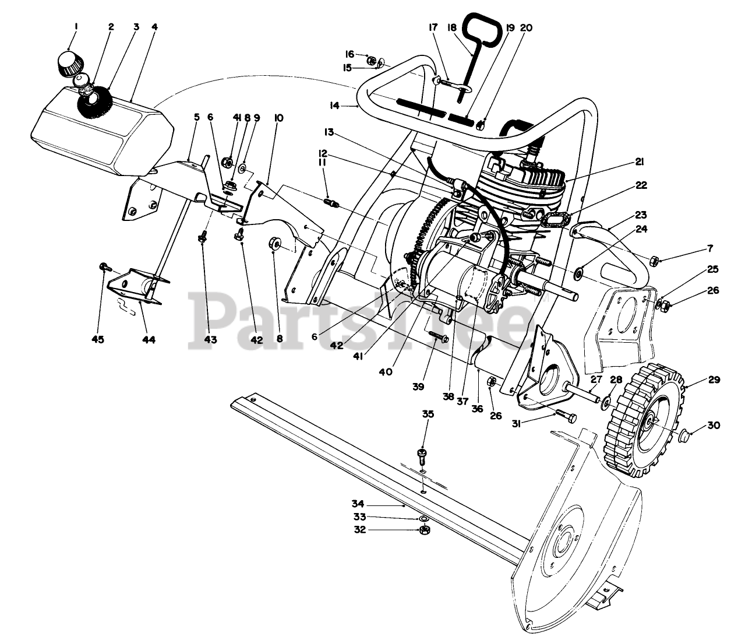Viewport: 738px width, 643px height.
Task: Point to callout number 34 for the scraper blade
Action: [x=358, y=503]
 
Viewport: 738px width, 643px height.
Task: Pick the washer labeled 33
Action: [x=424, y=518]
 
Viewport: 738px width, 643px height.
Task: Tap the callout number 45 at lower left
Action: [x=98, y=339]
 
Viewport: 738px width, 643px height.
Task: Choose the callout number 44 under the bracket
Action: [x=149, y=339]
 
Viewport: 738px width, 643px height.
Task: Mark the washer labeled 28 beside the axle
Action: [x=606, y=402]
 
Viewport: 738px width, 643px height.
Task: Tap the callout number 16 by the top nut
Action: [x=350, y=53]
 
